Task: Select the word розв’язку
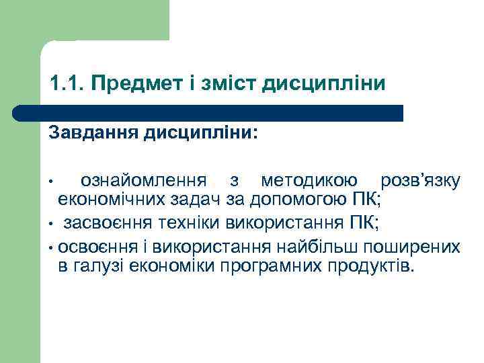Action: (419, 181)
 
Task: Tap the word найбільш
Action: (325, 245)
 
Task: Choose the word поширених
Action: (419, 245)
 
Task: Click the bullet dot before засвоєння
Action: (50, 223)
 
